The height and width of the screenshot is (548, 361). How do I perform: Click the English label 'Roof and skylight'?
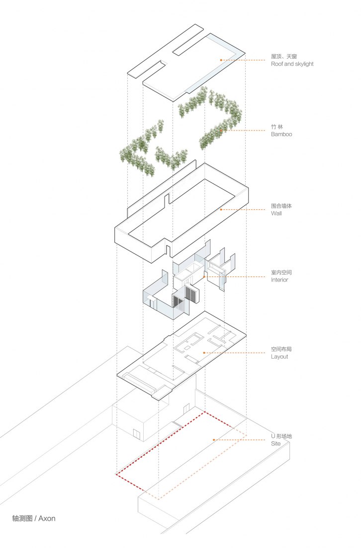tap(292, 64)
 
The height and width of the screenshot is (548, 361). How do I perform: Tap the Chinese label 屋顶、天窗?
tap(284, 56)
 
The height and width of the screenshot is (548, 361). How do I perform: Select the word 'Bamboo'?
tap(281, 134)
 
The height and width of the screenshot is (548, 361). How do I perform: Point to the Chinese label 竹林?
tap(277, 127)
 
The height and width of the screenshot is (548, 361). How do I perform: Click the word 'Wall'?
tap(276, 213)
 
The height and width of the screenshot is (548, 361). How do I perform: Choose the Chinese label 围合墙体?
tap(281, 206)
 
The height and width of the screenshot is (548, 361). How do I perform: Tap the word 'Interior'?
tap(280, 279)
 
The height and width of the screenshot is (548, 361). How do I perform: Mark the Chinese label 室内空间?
tap(281, 272)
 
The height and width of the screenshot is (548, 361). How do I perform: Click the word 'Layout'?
tap(280, 357)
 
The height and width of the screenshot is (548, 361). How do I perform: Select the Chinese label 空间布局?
tap(281, 349)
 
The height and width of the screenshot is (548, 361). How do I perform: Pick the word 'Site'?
tap(276, 443)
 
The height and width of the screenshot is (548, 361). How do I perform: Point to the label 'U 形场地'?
tap(281, 436)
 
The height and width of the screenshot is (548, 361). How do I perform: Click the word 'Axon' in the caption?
tap(47, 518)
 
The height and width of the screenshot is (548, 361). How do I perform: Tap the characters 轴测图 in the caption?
tap(22, 518)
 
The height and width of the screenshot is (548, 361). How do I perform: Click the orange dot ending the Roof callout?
tap(221, 60)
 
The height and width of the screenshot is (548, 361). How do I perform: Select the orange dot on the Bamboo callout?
tap(221, 131)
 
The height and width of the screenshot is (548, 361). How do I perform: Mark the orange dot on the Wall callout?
tap(221, 210)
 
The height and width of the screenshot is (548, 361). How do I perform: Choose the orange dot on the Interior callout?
tap(204, 277)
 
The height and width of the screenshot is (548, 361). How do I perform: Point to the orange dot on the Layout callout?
tap(204, 353)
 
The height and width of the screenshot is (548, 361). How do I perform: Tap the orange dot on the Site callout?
tap(214, 440)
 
